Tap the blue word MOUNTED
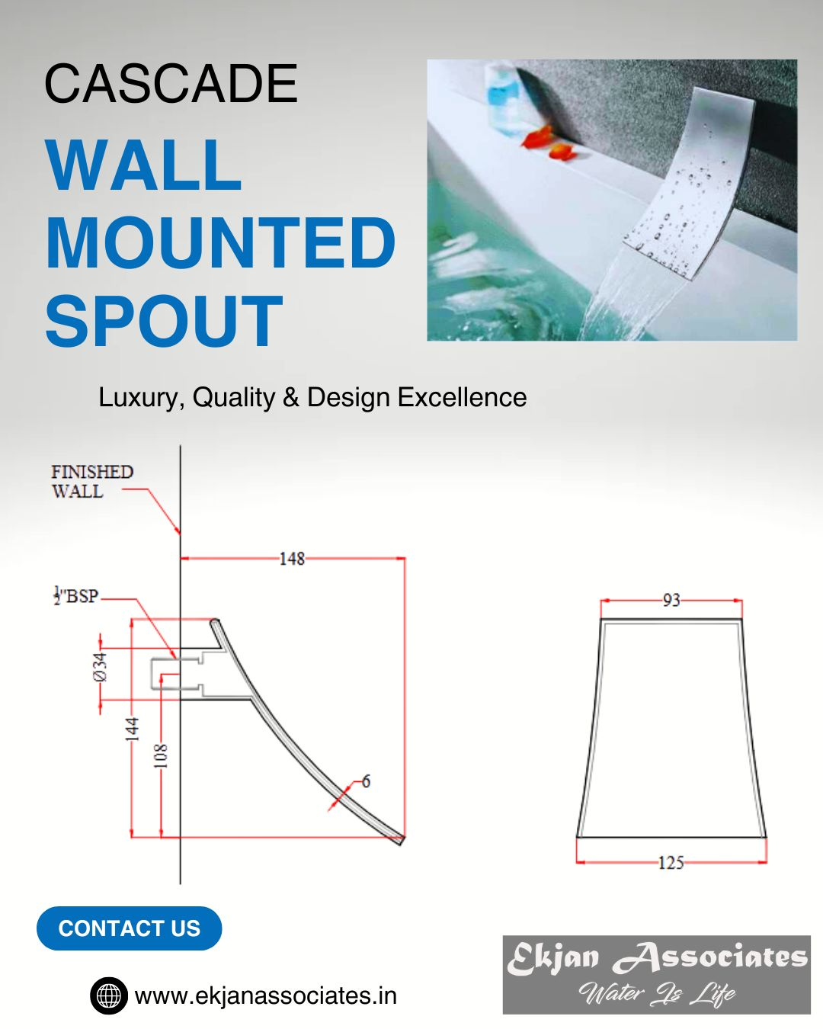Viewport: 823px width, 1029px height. [x=220, y=243]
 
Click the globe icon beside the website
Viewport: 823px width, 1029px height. [x=109, y=996]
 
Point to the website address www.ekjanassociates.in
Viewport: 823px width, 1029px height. [x=266, y=996]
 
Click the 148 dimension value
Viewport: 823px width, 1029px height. [x=292, y=559]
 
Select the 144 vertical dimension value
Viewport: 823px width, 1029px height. [x=133, y=729]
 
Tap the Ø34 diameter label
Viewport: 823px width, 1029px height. [x=101, y=666]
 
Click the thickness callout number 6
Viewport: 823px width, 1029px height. [x=367, y=781]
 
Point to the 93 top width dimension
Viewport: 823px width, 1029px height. [x=671, y=600]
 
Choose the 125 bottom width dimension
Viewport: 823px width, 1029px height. [x=671, y=863]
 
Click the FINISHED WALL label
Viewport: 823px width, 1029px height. [x=92, y=482]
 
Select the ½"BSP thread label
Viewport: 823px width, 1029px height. [x=76, y=596]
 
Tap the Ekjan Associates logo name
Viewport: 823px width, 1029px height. [x=657, y=957]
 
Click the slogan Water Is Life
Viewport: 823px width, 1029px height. [x=657, y=994]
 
